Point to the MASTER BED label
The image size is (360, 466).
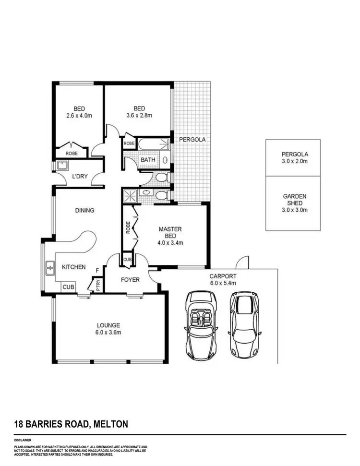170,229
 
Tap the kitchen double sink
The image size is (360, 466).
49,268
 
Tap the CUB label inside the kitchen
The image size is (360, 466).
68,287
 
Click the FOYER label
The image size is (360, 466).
130,280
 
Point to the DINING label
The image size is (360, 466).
84,210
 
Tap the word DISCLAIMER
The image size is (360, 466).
23,440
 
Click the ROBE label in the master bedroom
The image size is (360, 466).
128,227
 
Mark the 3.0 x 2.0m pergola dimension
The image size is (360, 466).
295,161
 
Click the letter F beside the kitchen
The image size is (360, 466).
97,270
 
